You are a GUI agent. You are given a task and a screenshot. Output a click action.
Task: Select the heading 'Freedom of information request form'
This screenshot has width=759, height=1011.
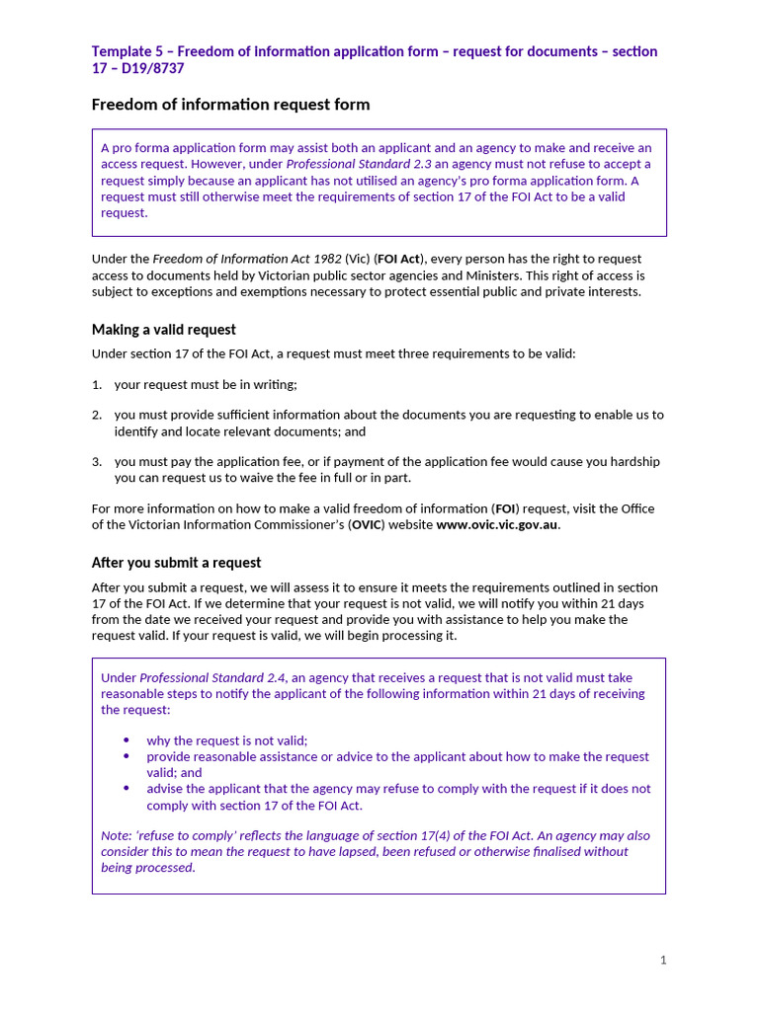coord(230,104)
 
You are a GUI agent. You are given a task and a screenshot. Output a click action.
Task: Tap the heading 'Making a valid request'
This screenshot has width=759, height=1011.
coord(163,329)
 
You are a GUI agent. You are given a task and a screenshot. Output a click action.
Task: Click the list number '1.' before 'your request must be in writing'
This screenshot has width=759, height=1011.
coord(97,384)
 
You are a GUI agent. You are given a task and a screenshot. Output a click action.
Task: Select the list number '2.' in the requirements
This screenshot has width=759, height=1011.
coord(97,415)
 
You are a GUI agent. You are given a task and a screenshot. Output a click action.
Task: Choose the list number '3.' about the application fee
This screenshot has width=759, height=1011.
coord(97,461)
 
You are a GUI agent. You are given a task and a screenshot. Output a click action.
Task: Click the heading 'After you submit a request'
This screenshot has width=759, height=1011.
coord(176,563)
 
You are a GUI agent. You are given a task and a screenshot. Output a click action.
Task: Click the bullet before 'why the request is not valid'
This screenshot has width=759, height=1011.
coord(126,740)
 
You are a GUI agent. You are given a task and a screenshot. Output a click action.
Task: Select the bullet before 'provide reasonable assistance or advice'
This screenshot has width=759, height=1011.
coord(126,756)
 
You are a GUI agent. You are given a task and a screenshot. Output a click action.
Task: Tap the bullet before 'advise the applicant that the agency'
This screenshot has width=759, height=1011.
coord(126,788)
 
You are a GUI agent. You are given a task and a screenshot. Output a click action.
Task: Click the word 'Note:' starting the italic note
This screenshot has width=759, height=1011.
coord(117,835)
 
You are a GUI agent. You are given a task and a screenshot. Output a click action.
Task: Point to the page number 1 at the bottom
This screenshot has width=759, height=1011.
coord(663,960)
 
